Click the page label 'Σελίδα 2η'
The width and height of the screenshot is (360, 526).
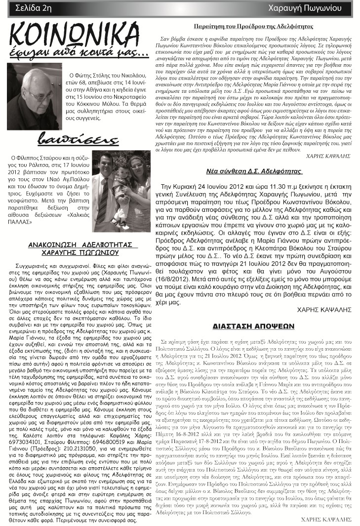click(x=33, y=7)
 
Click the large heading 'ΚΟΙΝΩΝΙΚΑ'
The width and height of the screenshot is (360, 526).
click(x=73, y=34)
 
